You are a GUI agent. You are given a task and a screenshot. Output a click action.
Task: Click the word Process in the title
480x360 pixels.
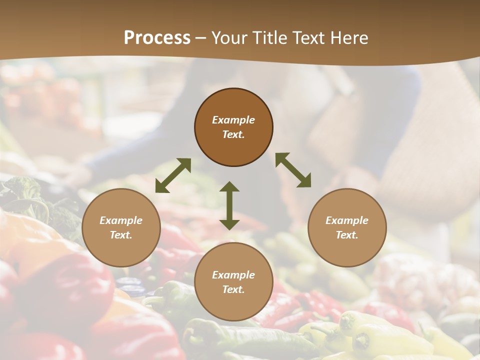pyautogui.click(x=157, y=38)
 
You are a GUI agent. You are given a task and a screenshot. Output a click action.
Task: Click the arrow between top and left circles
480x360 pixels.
pyautogui.click(x=173, y=175)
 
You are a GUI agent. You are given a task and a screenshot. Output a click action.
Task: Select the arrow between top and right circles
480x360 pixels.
pyautogui.click(x=293, y=170)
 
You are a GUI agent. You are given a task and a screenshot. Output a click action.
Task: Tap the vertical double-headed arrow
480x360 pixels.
pyautogui.click(x=229, y=205)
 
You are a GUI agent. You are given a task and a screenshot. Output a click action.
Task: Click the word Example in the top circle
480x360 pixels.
pyautogui.click(x=233, y=120)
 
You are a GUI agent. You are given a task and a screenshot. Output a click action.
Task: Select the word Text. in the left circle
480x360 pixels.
pyautogui.click(x=121, y=235)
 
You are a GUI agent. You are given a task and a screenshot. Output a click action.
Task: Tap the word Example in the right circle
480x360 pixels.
pyautogui.click(x=347, y=220)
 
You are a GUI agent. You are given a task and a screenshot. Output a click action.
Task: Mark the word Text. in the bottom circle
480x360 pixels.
pyautogui.click(x=233, y=289)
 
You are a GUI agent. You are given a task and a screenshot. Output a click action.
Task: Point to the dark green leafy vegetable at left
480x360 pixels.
pyautogui.click(x=30, y=200)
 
